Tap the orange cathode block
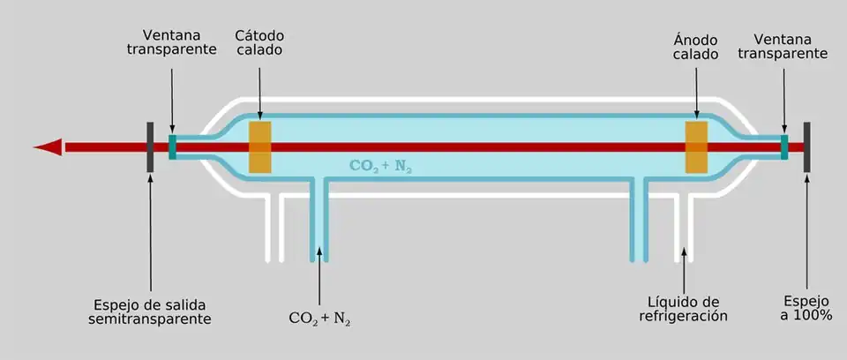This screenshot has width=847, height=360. (x=259, y=146)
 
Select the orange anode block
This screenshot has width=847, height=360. (x=696, y=146)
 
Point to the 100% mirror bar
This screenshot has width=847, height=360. (x=806, y=146)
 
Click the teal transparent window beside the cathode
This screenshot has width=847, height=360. (x=173, y=146)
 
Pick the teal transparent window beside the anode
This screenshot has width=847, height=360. (x=783, y=146)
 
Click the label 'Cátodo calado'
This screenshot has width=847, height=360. (x=259, y=42)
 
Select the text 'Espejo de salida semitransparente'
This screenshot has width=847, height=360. (x=151, y=310)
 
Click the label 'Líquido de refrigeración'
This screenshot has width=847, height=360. (x=684, y=308)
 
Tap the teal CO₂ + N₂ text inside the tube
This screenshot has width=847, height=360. (x=381, y=165)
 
